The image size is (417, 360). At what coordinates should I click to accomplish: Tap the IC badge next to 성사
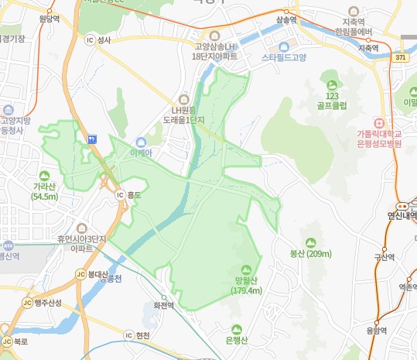pos(90,41)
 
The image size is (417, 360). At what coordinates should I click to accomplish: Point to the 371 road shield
pos(399,57)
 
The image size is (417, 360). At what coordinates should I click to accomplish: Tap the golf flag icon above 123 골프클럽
pos(333,84)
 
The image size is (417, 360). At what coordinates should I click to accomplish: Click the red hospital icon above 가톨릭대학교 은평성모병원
pos(378,122)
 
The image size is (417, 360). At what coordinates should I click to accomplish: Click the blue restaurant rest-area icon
pos(93,139)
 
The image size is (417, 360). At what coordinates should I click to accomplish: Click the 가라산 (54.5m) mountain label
pos(45,192)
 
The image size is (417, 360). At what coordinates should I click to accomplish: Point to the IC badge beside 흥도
pos(119,195)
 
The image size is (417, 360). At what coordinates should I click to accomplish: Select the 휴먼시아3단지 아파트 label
pos(81,244)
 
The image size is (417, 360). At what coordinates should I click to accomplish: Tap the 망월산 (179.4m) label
pos(247,286)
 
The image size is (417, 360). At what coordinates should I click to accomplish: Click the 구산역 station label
pos(385,258)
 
